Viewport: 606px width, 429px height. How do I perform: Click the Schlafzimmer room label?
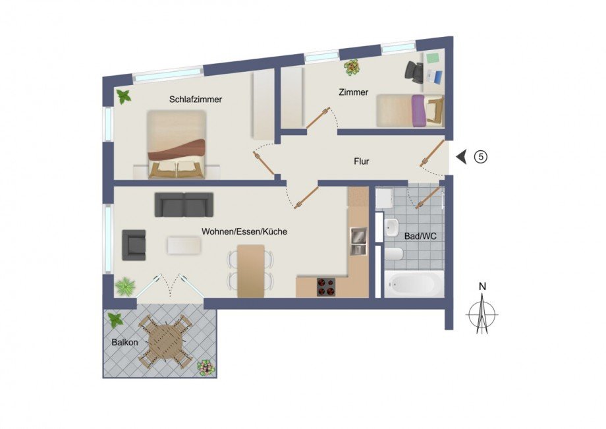click(195, 100)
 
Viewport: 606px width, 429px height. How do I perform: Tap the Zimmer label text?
click(353, 92)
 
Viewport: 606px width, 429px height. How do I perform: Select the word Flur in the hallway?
click(361, 160)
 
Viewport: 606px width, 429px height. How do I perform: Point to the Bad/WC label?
click(419, 235)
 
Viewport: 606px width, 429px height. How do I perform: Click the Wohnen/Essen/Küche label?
click(244, 232)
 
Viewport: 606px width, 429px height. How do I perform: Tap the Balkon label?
click(124, 343)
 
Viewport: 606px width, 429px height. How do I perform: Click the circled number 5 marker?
click(482, 157)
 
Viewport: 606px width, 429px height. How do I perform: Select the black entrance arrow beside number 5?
click(462, 157)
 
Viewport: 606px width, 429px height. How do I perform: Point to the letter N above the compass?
click(482, 286)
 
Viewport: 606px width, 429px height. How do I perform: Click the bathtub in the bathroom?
click(413, 284)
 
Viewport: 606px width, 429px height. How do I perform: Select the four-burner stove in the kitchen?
click(327, 287)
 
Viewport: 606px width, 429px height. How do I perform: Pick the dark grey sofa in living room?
click(184, 204)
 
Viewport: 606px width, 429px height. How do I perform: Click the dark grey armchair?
click(134, 245)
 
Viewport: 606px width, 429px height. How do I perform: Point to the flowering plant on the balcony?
click(206, 367)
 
